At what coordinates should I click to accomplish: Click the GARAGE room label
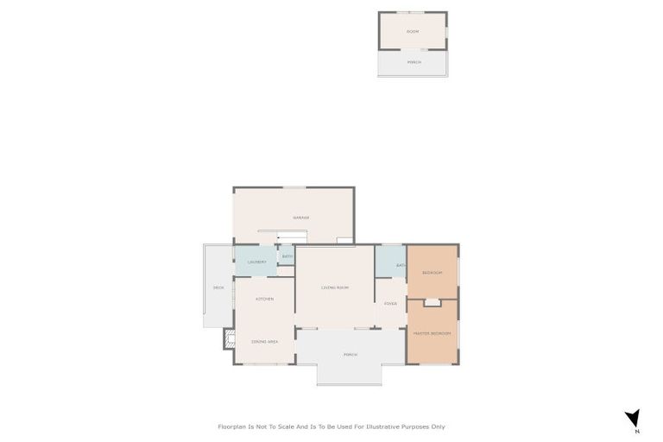pyautogui.click(x=300, y=218)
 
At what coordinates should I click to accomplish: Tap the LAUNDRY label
pyautogui.click(x=256, y=262)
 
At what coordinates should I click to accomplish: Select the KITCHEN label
pyautogui.click(x=264, y=299)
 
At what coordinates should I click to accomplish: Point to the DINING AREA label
pyautogui.click(x=264, y=342)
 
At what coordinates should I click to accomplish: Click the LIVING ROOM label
pyautogui.click(x=334, y=287)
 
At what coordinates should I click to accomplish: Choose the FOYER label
pyautogui.click(x=390, y=303)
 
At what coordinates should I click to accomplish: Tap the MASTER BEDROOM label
pyautogui.click(x=432, y=333)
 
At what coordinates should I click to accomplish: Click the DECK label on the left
pyautogui.click(x=218, y=287)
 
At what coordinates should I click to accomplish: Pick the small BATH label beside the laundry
pyautogui.click(x=287, y=256)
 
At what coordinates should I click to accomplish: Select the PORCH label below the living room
pyautogui.click(x=350, y=355)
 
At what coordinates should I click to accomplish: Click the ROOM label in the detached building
pyautogui.click(x=413, y=31)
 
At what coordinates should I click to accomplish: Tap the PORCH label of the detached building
pyautogui.click(x=414, y=62)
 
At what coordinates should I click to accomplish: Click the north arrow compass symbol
pyautogui.click(x=633, y=418)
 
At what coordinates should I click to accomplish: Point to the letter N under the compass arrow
pyautogui.click(x=636, y=431)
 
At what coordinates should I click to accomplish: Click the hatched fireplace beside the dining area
pyautogui.click(x=229, y=338)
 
